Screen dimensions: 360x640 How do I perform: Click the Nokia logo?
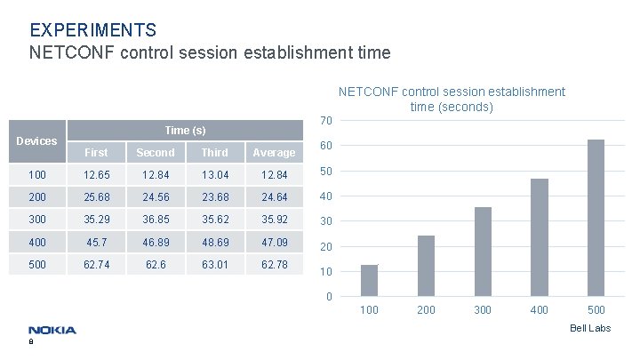point(52,330)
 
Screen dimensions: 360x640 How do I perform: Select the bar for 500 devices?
point(596,218)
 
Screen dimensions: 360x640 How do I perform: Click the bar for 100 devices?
point(369,280)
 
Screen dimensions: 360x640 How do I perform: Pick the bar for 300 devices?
point(483,252)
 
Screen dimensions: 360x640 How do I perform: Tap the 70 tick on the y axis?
point(326,121)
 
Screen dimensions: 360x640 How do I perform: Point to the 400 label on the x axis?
point(540,310)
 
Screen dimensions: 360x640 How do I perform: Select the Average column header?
point(274,153)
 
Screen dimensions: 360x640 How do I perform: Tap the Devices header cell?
point(37,140)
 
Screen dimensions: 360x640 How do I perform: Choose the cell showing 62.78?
point(274,264)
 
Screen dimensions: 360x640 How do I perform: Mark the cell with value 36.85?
point(156,219)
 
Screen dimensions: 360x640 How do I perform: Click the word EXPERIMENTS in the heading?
point(93,31)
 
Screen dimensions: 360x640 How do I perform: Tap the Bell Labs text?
point(590,329)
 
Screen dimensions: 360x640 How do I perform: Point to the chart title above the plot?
point(452,99)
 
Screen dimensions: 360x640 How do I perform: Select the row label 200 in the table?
point(37,196)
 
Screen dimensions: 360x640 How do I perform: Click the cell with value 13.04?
point(214,174)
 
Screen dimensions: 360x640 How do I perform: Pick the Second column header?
point(156,153)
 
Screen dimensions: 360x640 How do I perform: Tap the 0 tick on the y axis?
point(329,296)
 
